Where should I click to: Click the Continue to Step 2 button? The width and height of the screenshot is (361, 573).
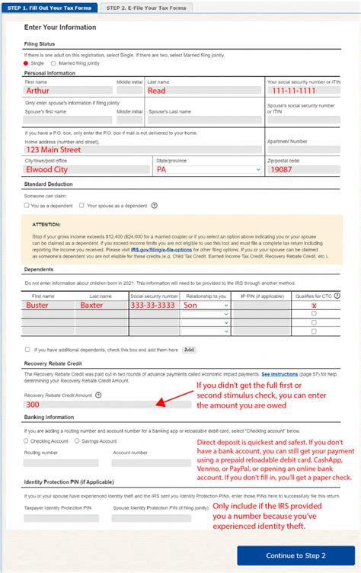[x=296, y=555]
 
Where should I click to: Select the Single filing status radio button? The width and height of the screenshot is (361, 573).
[x=27, y=63]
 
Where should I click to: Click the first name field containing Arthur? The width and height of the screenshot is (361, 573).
[x=67, y=90]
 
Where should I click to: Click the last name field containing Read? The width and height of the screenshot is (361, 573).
[x=203, y=90]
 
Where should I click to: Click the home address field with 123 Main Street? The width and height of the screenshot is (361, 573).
[x=142, y=150]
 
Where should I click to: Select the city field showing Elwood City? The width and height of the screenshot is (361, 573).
[x=86, y=170]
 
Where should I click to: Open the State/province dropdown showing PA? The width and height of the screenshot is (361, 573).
[x=206, y=170]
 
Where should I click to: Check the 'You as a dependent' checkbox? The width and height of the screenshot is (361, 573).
[x=27, y=205]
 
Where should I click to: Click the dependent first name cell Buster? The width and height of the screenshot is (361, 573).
[x=47, y=304]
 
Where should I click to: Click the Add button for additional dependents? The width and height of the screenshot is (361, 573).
[x=189, y=350]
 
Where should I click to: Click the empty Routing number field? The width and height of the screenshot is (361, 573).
[x=61, y=463]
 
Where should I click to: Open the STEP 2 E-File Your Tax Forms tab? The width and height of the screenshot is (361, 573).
[x=147, y=8]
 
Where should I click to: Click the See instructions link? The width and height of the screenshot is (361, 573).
[x=280, y=375]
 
